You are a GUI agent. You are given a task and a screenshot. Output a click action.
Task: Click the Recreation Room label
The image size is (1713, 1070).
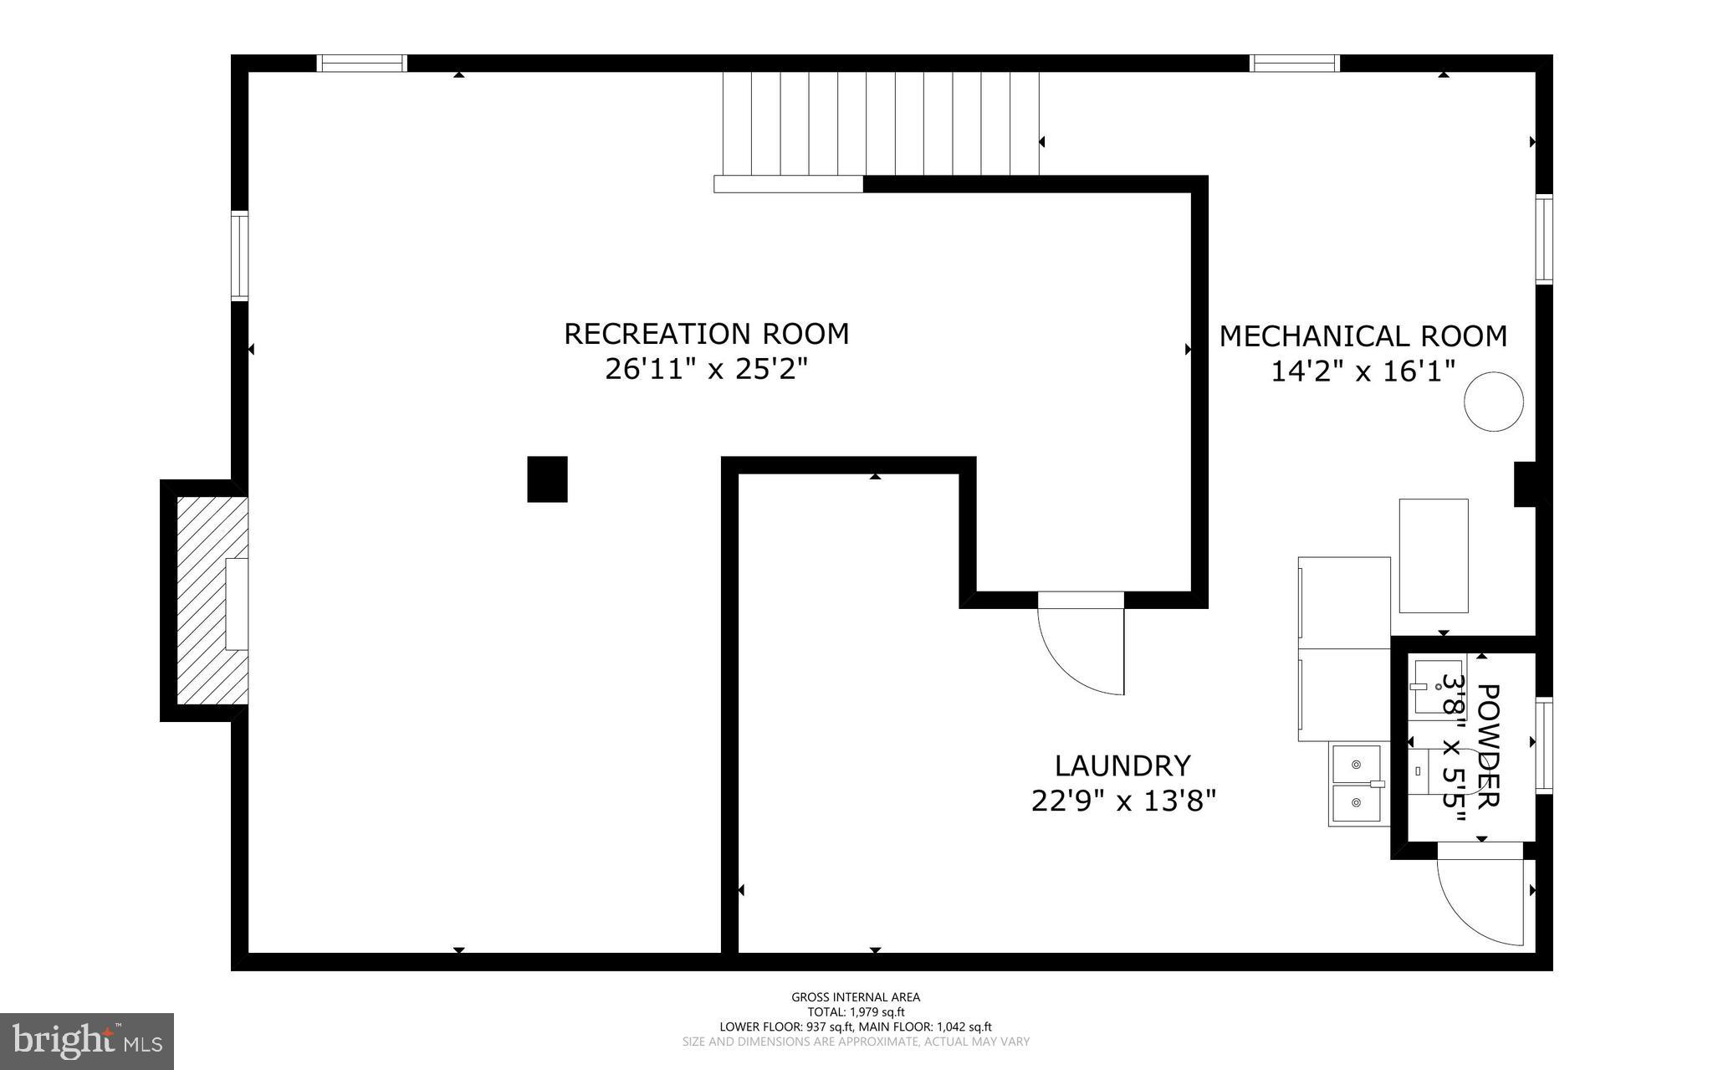click(x=706, y=334)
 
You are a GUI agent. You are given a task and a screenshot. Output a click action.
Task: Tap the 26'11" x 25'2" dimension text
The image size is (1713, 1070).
click(x=706, y=369)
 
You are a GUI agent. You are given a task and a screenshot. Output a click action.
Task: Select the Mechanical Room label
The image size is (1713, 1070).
click(x=1363, y=336)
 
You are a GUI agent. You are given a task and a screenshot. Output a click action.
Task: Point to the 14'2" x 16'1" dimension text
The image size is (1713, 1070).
click(x=1363, y=371)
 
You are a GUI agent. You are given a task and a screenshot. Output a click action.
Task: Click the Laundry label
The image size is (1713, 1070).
click(x=1122, y=765)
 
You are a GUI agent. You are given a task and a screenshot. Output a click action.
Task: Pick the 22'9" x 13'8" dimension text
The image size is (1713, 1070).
click(x=1122, y=801)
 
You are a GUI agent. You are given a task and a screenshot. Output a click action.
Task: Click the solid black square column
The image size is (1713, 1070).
click(x=547, y=479)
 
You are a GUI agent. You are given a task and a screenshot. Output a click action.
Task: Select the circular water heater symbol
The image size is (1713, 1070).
click(x=1493, y=402)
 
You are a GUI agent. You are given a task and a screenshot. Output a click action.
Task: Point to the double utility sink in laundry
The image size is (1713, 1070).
click(x=1356, y=785)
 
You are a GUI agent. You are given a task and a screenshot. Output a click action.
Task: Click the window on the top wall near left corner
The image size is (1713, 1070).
click(x=362, y=64)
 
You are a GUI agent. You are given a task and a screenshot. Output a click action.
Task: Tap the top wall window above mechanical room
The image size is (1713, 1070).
click(x=1294, y=64)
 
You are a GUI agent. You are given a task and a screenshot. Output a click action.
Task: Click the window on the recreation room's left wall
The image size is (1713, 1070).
click(x=240, y=257)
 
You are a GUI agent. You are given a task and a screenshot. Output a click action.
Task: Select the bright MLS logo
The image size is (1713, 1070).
click(x=87, y=1041)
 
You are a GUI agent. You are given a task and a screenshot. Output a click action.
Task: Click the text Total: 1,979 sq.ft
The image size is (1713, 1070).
click(x=856, y=1011)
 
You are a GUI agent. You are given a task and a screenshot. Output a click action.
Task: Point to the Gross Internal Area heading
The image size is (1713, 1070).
click(x=856, y=996)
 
